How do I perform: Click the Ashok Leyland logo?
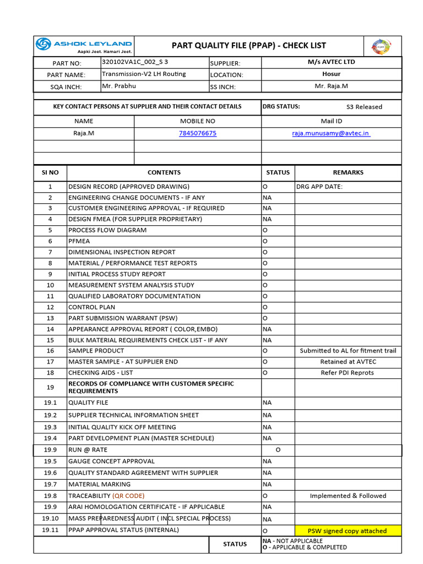click(84, 45)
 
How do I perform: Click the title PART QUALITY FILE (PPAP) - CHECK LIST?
click(249, 45)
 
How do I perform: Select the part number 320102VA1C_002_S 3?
click(135, 62)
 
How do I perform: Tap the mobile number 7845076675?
click(198, 133)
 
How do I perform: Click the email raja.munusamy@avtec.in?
click(331, 133)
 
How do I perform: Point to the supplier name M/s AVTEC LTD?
click(331, 62)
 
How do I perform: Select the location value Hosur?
click(331, 74)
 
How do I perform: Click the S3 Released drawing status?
click(364, 107)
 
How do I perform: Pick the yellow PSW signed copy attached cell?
click(347, 531)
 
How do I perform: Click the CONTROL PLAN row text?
click(91, 307)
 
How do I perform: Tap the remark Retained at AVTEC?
click(348, 362)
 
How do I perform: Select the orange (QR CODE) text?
click(128, 496)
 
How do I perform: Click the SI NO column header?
click(50, 172)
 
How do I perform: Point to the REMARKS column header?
click(348, 172)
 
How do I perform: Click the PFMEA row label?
click(79, 241)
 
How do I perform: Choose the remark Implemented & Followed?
click(348, 496)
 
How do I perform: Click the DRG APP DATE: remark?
click(319, 186)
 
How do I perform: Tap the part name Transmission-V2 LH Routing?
click(144, 74)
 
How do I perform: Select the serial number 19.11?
click(50, 530)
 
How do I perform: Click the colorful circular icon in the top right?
click(381, 46)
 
